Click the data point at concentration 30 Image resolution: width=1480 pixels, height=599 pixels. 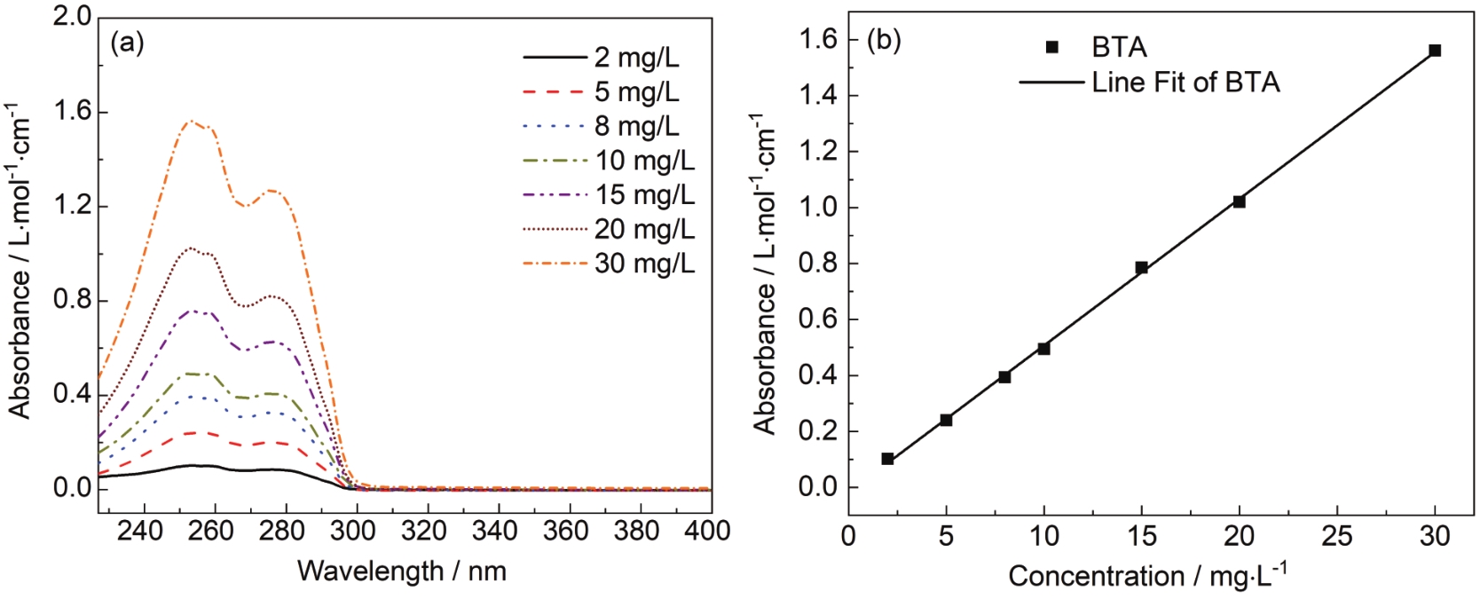click(1435, 51)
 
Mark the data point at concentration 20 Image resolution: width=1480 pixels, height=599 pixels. click(1240, 201)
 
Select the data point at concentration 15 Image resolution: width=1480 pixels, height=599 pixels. click(1142, 267)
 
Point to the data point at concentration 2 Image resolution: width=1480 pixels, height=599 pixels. click(887, 459)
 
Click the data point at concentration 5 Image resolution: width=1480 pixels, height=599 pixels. click(946, 420)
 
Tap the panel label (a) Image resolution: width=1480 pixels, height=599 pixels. click(127, 43)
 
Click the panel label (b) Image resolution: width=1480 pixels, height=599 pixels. click(884, 41)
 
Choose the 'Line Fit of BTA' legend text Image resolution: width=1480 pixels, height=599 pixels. click(1185, 83)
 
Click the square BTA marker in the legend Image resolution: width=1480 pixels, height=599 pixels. click(1052, 47)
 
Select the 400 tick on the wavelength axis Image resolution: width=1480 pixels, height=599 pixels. click(709, 531)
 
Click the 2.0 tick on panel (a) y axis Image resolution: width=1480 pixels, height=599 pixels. click(72, 17)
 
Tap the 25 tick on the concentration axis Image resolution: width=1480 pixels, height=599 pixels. click(1337, 535)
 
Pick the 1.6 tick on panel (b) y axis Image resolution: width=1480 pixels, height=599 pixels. click(818, 39)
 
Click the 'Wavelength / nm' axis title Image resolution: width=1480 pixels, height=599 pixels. click(402, 571)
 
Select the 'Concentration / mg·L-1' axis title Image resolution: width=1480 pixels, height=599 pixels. click(1147, 576)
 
